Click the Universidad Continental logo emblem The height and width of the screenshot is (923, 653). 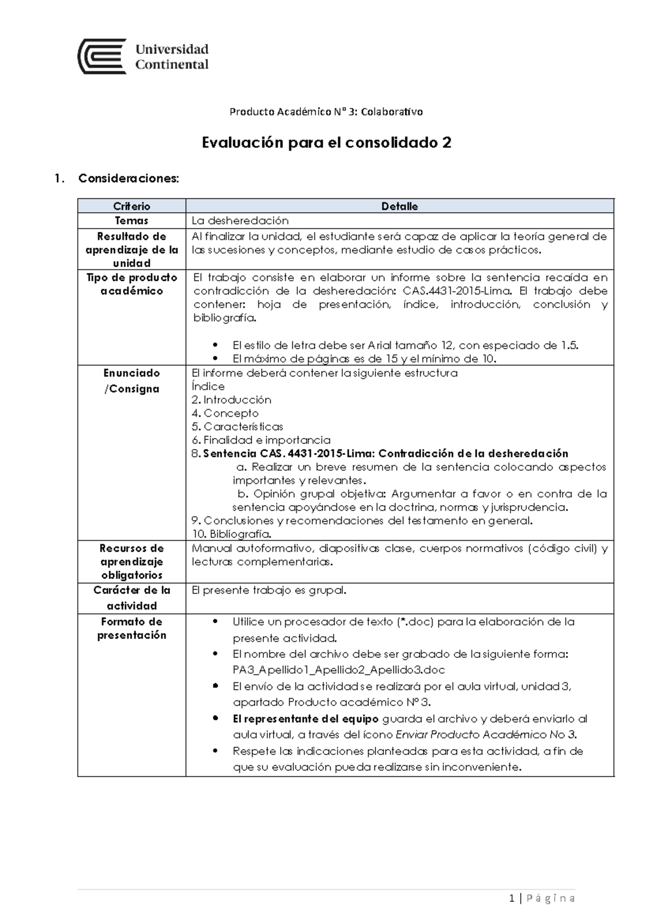[x=102, y=57]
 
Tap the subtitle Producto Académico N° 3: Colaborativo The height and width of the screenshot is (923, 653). [x=326, y=112]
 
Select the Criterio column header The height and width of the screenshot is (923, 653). [x=132, y=206]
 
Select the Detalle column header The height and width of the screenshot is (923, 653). [x=399, y=206]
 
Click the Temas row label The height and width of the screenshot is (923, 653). [x=132, y=220]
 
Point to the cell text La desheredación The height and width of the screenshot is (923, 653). [x=240, y=220]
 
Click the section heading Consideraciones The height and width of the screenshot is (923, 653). [x=128, y=178]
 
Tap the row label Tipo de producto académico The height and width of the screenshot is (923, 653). [x=132, y=284]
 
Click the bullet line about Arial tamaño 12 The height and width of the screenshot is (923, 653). [x=405, y=345]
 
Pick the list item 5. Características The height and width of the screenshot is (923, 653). [x=237, y=427]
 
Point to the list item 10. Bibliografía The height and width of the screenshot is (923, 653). [x=231, y=534]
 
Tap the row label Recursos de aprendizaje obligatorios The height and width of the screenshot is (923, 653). [x=132, y=561]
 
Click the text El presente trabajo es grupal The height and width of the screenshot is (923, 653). [x=269, y=590]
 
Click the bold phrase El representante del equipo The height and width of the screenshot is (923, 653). [x=305, y=718]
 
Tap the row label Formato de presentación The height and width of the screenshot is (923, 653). [x=132, y=628]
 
